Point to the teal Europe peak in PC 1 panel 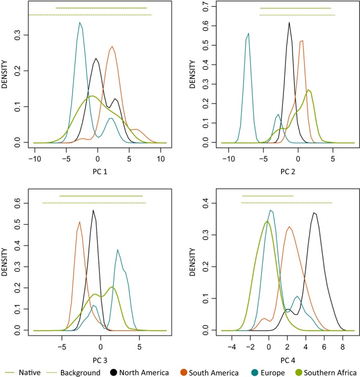(x=80, y=23)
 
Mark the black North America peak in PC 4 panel (x=315, y=213)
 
